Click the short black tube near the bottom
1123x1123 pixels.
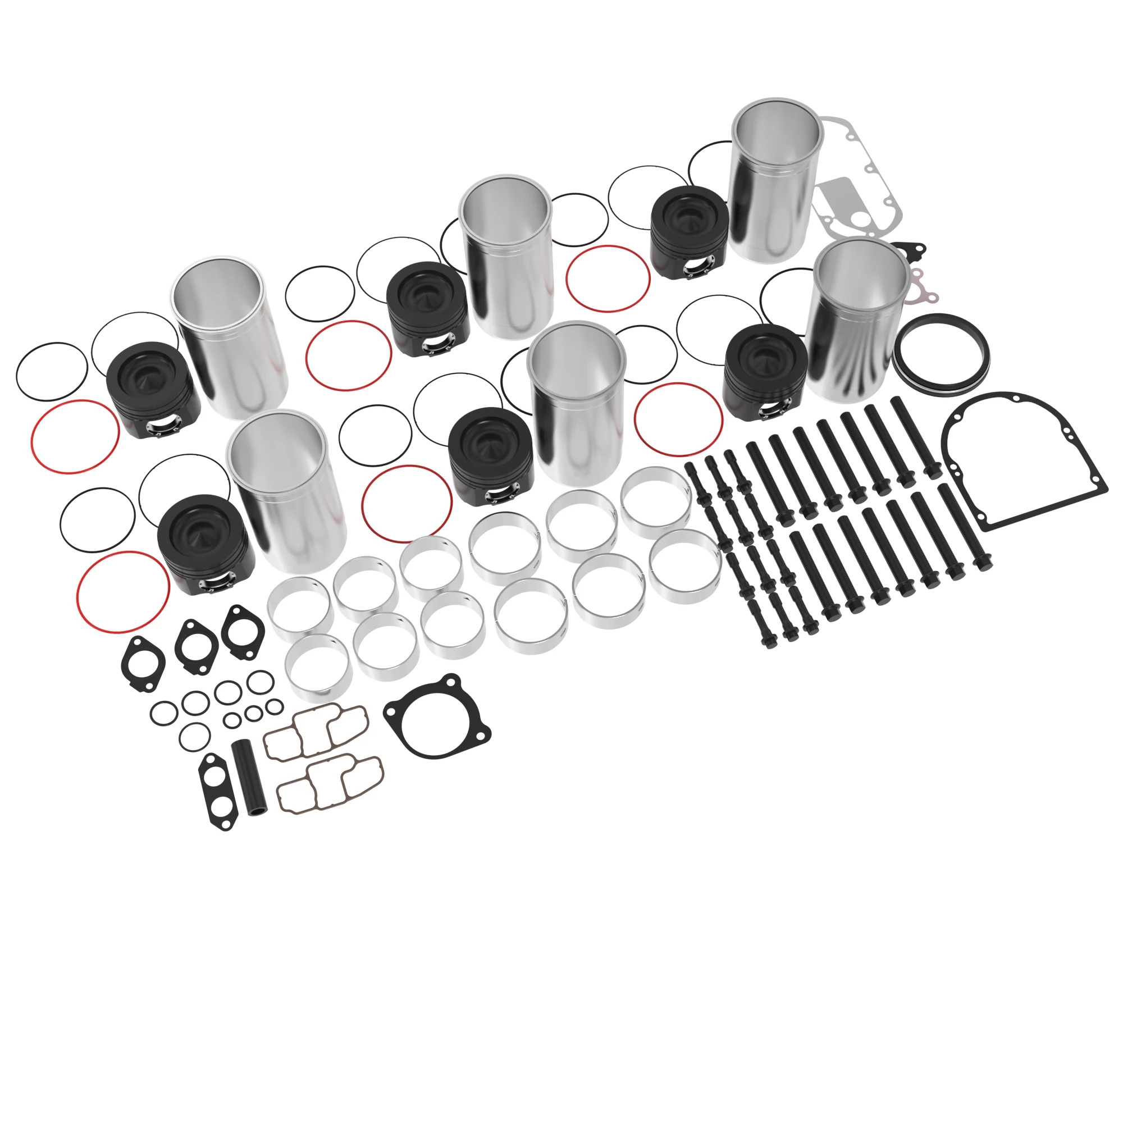pos(248,778)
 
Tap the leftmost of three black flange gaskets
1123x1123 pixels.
pos(142,663)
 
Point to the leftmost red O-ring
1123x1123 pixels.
pos(75,436)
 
